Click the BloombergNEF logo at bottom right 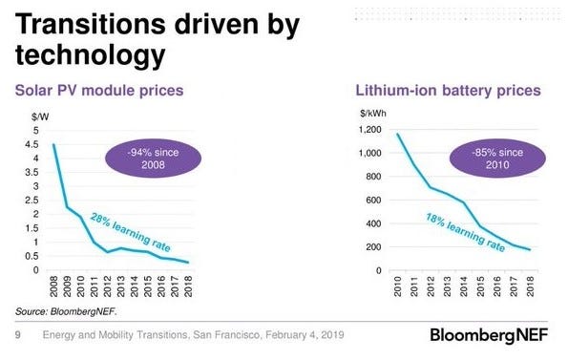point(489,335)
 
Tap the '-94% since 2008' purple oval point(154,159)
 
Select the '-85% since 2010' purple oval point(497,159)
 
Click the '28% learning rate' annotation point(131,232)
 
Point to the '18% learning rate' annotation point(466,232)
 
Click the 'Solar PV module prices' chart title point(99,91)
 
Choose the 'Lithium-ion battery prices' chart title point(448,91)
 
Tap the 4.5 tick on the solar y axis point(32,144)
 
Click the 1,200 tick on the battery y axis point(369,129)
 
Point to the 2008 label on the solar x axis point(53,286)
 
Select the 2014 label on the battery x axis point(464,286)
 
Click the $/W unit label point(40,116)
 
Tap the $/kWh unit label point(373,114)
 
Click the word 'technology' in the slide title point(90,54)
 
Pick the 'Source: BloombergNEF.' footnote point(66,311)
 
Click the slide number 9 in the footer point(18,335)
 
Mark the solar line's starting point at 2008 point(53,144)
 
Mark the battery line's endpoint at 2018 point(530,249)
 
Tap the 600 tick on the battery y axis point(373,200)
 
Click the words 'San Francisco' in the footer point(226,334)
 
